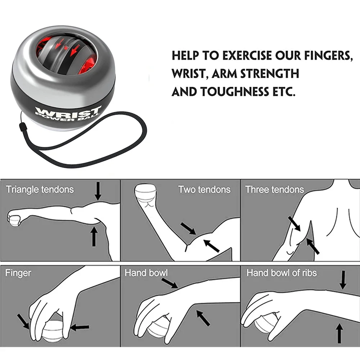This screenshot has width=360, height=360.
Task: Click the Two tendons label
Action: click(204, 190)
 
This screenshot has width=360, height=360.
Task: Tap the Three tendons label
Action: click(275, 190)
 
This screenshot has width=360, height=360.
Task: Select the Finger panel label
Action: click(18, 273)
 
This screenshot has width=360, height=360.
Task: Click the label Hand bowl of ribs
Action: click(282, 273)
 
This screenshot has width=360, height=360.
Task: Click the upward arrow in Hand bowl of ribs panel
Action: click(339, 333)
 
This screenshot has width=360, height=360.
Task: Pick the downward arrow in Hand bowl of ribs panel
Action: click(343, 280)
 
